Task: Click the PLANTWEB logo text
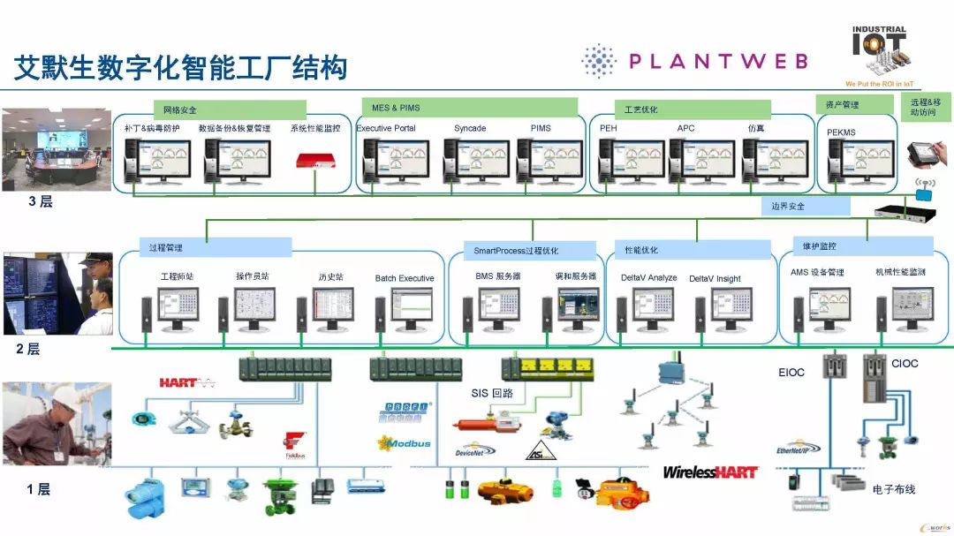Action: tap(717, 61)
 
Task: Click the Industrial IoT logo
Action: tap(879, 55)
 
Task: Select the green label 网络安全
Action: tap(181, 110)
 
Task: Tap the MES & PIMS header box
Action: tap(397, 108)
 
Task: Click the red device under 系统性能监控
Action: tap(318, 160)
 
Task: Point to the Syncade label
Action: tap(470, 129)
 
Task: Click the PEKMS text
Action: tap(841, 132)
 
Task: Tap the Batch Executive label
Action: tap(405, 278)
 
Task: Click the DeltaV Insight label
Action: tap(715, 279)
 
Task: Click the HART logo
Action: tap(186, 383)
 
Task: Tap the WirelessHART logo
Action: tap(710, 472)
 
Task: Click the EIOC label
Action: tap(791, 372)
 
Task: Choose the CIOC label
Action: tap(905, 363)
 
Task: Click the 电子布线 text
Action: tap(893, 489)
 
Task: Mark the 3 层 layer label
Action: tap(40, 201)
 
